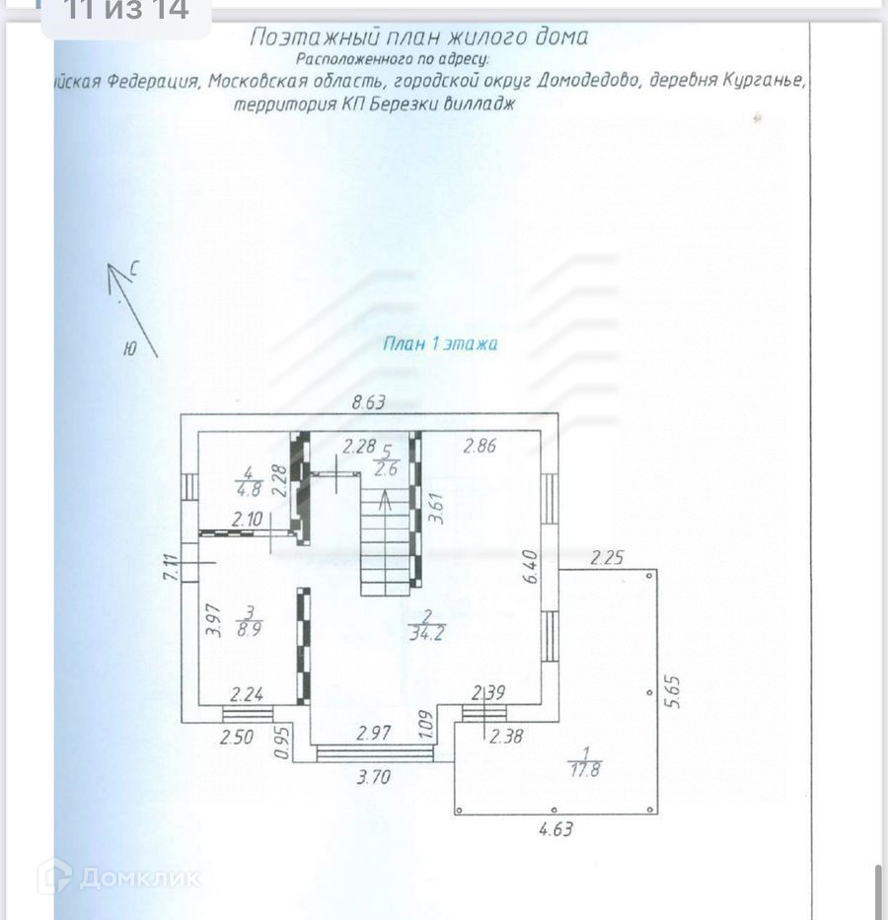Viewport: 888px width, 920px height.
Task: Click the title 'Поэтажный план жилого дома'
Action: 418,37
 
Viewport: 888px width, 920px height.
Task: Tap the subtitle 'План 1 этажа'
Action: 440,344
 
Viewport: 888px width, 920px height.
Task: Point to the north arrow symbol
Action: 131,309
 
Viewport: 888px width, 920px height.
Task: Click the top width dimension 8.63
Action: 369,402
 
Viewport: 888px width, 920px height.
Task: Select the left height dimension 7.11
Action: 170,569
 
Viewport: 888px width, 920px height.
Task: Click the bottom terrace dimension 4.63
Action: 555,829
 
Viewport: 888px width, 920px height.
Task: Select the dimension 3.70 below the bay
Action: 374,777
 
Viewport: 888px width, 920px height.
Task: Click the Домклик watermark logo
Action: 119,876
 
